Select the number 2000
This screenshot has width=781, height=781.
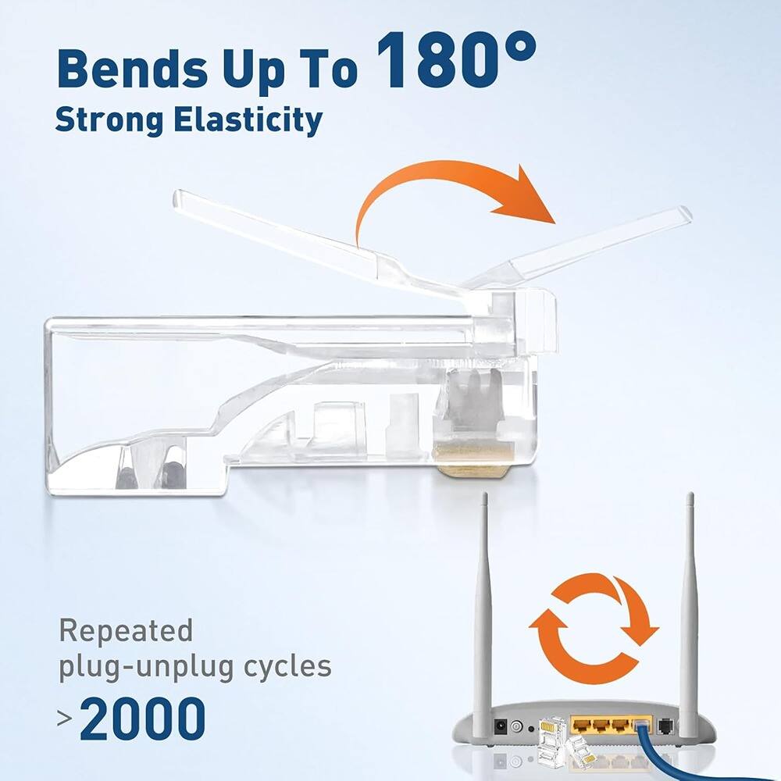pyautogui.click(x=142, y=719)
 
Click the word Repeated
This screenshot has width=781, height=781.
pyautogui.click(x=126, y=630)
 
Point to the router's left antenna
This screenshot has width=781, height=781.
pyautogui.click(x=484, y=609)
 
